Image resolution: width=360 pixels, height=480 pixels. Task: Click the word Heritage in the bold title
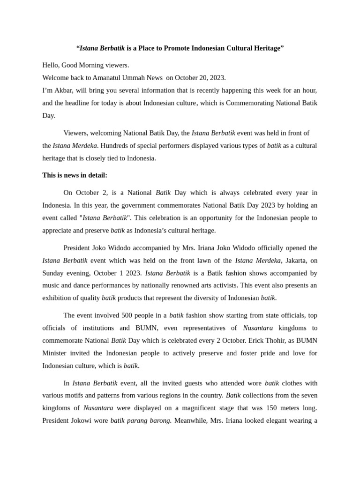pyautogui.click(x=265, y=48)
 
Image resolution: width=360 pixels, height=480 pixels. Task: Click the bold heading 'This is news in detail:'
pyautogui.click(x=75, y=175)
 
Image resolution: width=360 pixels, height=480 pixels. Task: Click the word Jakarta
pyautogui.click(x=296, y=261)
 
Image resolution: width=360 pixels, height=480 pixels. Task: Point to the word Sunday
pyautogui.click(x=53, y=273)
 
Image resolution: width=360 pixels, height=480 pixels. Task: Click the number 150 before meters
pyautogui.click(x=270, y=408)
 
